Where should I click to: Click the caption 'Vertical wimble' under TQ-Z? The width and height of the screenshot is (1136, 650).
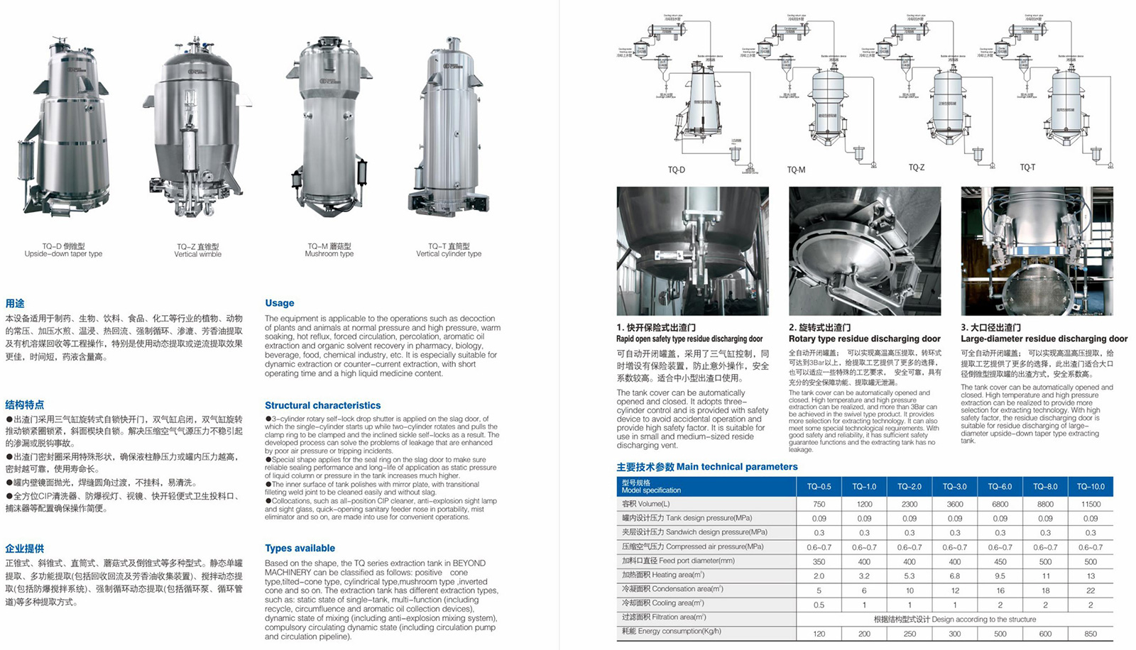pos(198,254)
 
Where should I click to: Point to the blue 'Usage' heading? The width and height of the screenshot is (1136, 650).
pos(280,303)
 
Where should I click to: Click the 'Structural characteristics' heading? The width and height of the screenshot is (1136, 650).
pos(323,405)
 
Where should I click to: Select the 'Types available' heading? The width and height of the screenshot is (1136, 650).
pos(300,548)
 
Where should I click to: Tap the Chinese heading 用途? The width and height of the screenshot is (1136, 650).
pos(15,303)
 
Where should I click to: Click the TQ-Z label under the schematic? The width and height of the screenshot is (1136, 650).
pos(917,167)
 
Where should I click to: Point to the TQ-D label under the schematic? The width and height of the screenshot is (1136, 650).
pos(677,170)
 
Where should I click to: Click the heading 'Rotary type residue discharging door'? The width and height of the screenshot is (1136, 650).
pos(865,338)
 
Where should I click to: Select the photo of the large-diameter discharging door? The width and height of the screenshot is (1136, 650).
pos(1037,250)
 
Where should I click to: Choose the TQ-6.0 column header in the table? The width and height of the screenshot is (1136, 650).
pos(1000,487)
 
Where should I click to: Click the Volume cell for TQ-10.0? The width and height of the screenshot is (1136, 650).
pos(1091,504)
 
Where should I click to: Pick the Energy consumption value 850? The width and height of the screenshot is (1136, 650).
pos(1091,634)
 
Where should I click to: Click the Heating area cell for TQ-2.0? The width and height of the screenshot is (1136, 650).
pos(910,575)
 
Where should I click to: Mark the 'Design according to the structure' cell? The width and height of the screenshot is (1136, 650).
pos(954,619)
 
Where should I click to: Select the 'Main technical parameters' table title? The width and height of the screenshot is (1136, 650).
pos(707,467)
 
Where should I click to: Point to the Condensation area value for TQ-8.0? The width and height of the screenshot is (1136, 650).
pos(1045,590)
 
